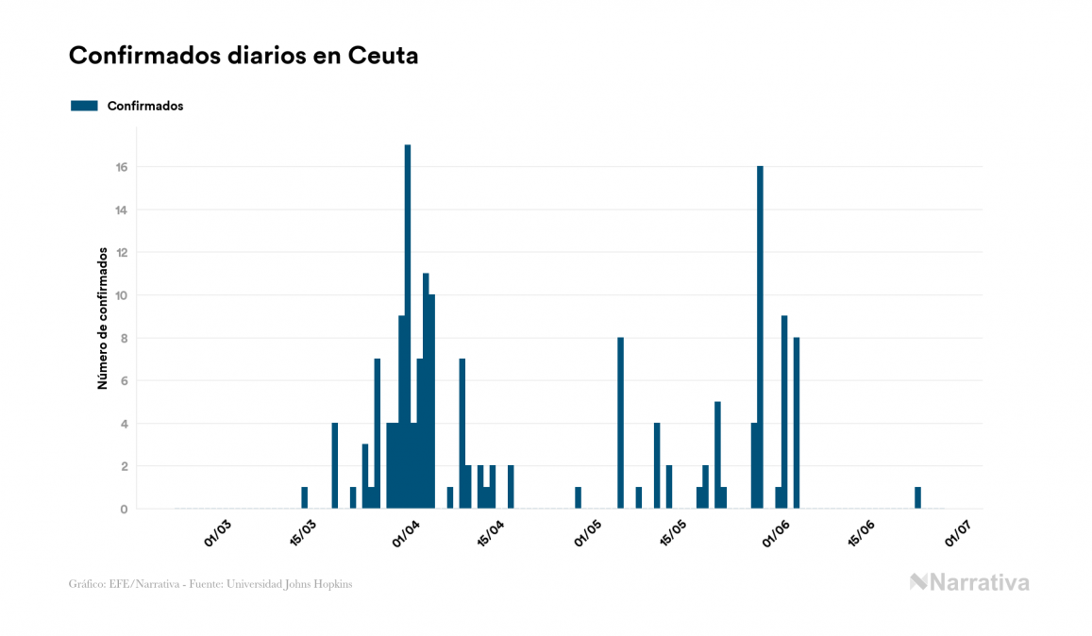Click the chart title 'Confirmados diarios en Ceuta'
(244, 56)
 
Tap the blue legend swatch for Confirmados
(84, 106)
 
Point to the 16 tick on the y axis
(122, 167)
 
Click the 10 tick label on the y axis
(122, 295)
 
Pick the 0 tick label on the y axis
(124, 510)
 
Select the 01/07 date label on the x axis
(958, 535)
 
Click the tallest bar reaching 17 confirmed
(408, 326)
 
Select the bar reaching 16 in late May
(760, 337)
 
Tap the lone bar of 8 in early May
(620, 423)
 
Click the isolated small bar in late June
(917, 498)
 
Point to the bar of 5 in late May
(717, 455)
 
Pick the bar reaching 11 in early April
(426, 391)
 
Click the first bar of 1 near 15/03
(304, 498)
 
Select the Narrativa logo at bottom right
(969, 582)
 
